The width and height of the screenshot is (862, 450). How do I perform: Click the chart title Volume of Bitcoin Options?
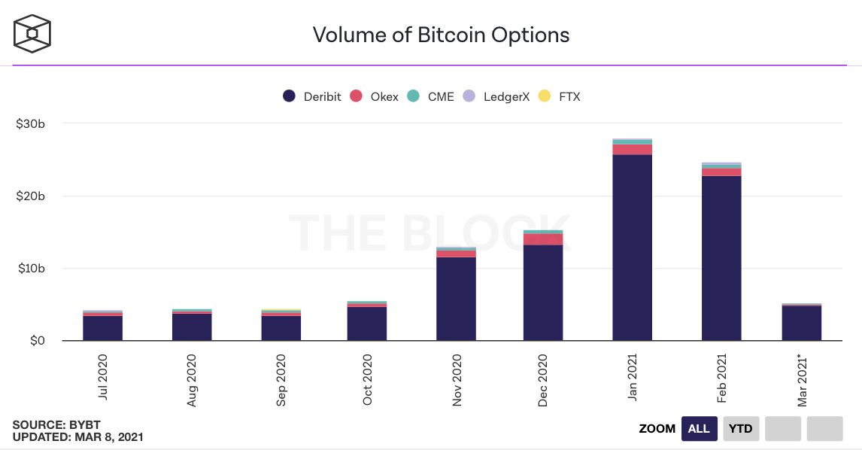[441, 35]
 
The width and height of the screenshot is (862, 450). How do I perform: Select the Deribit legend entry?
[313, 96]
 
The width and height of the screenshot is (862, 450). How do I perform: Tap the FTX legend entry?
[560, 96]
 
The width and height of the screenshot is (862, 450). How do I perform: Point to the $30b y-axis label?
[31, 123]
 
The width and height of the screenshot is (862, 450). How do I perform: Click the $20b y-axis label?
[31, 196]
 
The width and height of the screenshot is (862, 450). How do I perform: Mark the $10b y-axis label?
[31, 269]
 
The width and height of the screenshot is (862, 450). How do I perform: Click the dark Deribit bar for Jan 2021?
[632, 248]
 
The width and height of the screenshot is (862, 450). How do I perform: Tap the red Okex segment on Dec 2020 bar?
[543, 239]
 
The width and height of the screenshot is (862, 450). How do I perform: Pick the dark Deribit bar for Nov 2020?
[456, 299]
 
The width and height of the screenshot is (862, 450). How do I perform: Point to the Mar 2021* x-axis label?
[803, 381]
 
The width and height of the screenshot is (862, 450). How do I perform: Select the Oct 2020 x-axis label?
[367, 379]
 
